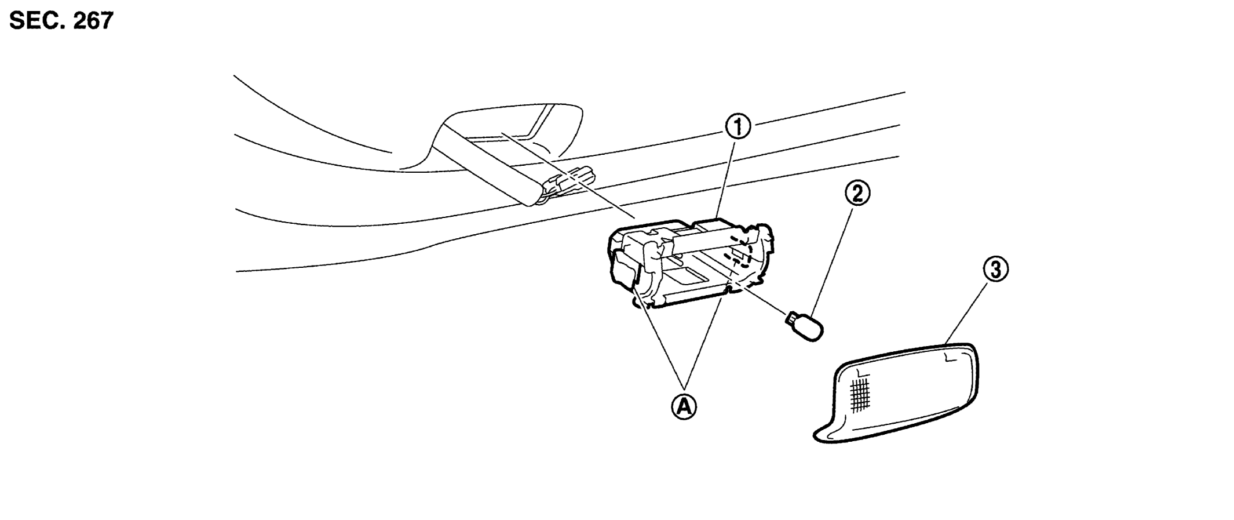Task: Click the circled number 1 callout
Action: click(736, 127)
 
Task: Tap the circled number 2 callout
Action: click(857, 193)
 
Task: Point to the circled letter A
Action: click(684, 408)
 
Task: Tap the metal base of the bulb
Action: click(791, 318)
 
